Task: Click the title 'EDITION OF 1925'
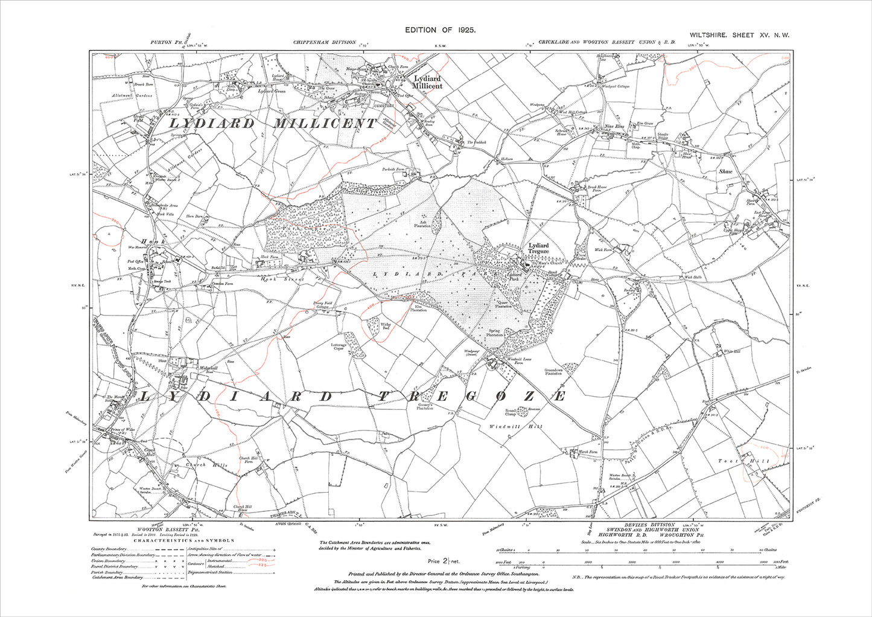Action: pos(441,30)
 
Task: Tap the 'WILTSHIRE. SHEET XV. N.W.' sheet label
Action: pos(740,36)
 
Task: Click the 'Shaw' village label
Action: pos(725,171)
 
